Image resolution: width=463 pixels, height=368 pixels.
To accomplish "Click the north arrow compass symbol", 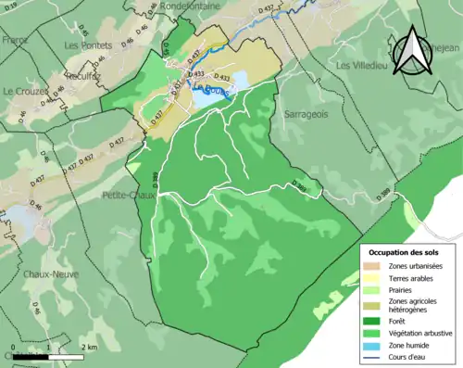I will [x=407, y=51].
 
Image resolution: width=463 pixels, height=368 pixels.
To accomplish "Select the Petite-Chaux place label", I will [x=126, y=196].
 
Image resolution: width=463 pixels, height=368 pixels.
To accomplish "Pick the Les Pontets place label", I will [x=88, y=44].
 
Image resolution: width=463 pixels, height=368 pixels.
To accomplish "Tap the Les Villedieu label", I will [x=359, y=66].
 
